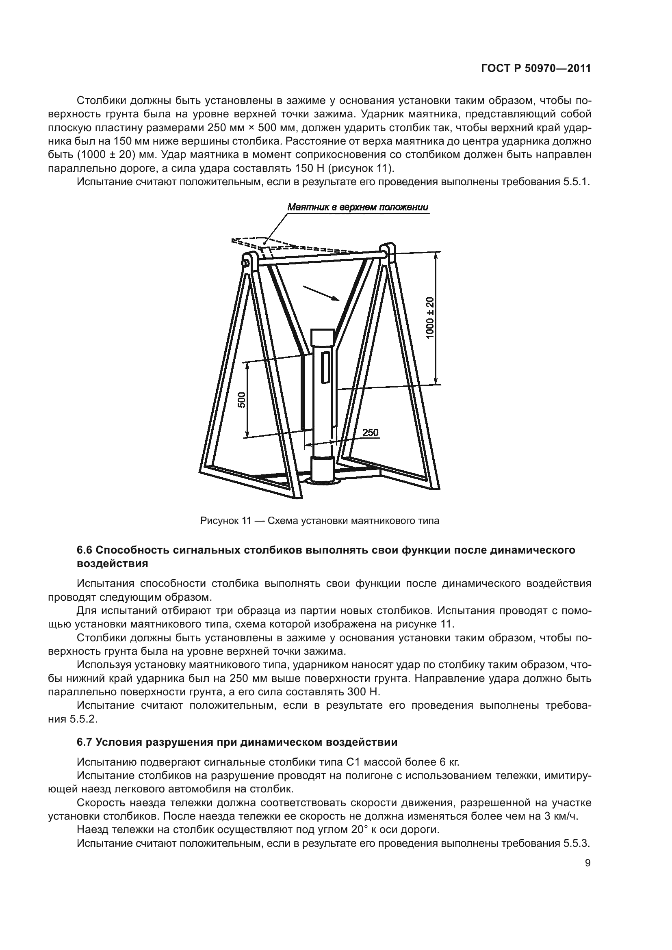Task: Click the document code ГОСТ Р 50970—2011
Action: click(x=536, y=69)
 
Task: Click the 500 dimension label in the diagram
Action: click(x=242, y=400)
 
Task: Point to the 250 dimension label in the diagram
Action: click(x=371, y=433)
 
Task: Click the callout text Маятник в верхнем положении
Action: click(x=358, y=207)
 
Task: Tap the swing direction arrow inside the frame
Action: click(x=321, y=292)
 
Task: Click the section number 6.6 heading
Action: click(x=86, y=550)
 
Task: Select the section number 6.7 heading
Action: click(x=86, y=742)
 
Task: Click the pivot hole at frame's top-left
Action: click(x=247, y=262)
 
